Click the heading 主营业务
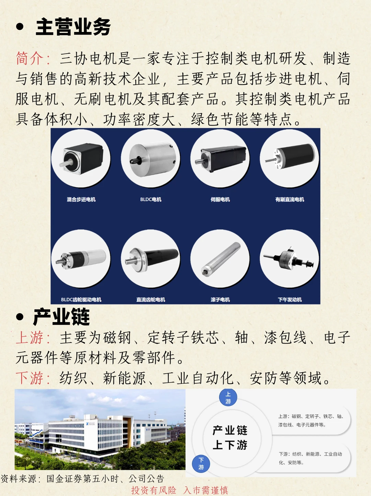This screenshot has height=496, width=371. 73,27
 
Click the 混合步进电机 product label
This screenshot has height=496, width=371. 81,199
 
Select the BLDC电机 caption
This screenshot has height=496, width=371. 151,199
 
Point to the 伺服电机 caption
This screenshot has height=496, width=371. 220,199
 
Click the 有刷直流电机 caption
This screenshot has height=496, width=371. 290,199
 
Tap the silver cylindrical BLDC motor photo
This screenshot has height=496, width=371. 150,158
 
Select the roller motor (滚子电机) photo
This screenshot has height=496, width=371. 220,258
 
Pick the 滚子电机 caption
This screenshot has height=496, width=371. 220,300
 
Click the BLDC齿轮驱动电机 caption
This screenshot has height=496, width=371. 81,300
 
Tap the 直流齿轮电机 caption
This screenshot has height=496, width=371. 151,300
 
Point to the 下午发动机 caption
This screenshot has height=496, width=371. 290,300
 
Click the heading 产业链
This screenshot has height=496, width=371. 61,317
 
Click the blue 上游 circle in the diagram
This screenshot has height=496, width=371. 228,397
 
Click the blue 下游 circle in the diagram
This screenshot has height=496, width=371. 201,464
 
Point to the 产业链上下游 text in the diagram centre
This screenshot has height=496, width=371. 230,438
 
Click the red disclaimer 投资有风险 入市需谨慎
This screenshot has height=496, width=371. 179,490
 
